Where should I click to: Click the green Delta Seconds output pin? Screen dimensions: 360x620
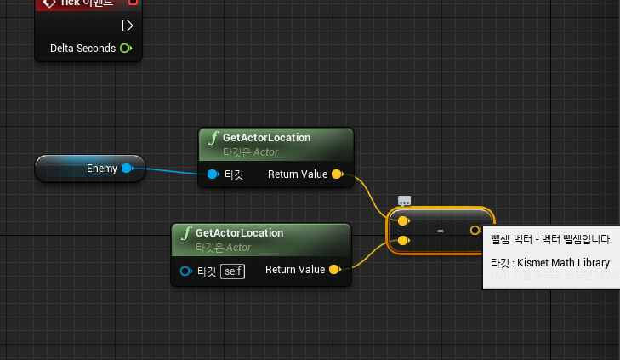[126, 49]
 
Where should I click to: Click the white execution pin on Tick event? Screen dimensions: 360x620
[127, 25]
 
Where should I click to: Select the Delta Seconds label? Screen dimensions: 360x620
[82, 49]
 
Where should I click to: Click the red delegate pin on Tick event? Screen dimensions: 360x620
[133, 3]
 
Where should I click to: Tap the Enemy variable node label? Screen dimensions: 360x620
[102, 169]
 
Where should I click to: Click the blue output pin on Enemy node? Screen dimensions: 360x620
[127, 169]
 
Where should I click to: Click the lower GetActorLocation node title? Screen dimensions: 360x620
[239, 232]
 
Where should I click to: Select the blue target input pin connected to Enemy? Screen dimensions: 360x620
[213, 174]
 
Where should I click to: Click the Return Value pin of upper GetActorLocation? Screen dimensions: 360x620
[336, 174]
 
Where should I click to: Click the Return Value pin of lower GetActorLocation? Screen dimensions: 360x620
[334, 270]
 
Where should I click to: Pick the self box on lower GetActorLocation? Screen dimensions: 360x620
[232, 271]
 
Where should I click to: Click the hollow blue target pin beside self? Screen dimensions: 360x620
[186, 271]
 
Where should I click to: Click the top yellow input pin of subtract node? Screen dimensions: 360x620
[403, 220]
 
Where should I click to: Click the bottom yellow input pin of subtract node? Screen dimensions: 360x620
[403, 241]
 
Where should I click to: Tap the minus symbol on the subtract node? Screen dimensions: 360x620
[440, 231]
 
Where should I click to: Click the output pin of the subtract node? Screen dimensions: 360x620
[475, 230]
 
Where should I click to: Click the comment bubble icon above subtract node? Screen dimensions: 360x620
[405, 202]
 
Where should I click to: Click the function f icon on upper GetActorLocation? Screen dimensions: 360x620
[213, 137]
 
